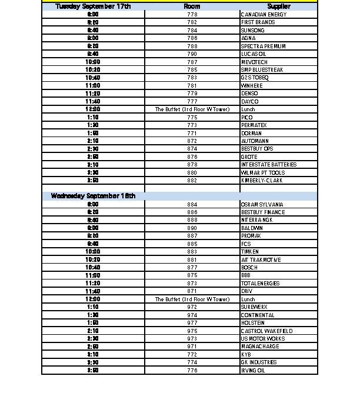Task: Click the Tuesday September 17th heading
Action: tap(93, 6)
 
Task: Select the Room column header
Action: tap(192, 6)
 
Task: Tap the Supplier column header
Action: tap(279, 6)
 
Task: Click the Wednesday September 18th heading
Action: tap(93, 196)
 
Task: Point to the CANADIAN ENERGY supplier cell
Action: tap(264, 14)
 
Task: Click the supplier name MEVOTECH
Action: tap(254, 62)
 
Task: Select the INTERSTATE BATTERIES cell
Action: tap(269, 165)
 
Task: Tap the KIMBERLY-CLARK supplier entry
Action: tap(262, 181)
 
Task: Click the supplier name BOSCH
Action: tap(249, 268)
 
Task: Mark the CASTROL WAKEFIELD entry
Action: tap(266, 331)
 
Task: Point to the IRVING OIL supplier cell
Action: tap(254, 371)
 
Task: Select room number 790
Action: tap(192, 54)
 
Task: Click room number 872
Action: tap(192, 141)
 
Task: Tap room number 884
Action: tap(192, 204)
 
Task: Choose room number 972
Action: tap(192, 307)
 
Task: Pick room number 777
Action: tap(192, 101)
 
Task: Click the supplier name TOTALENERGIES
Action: tap(261, 284)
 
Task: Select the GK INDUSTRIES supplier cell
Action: tap(259, 362)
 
